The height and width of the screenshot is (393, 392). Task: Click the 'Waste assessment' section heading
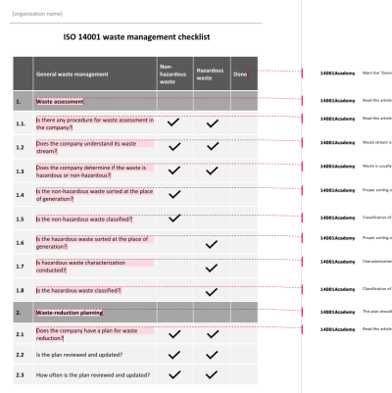pyautogui.click(x=60, y=101)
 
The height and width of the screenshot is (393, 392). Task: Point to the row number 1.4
pyautogui.click(x=21, y=193)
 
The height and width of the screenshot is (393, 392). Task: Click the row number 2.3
pyautogui.click(x=21, y=374)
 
